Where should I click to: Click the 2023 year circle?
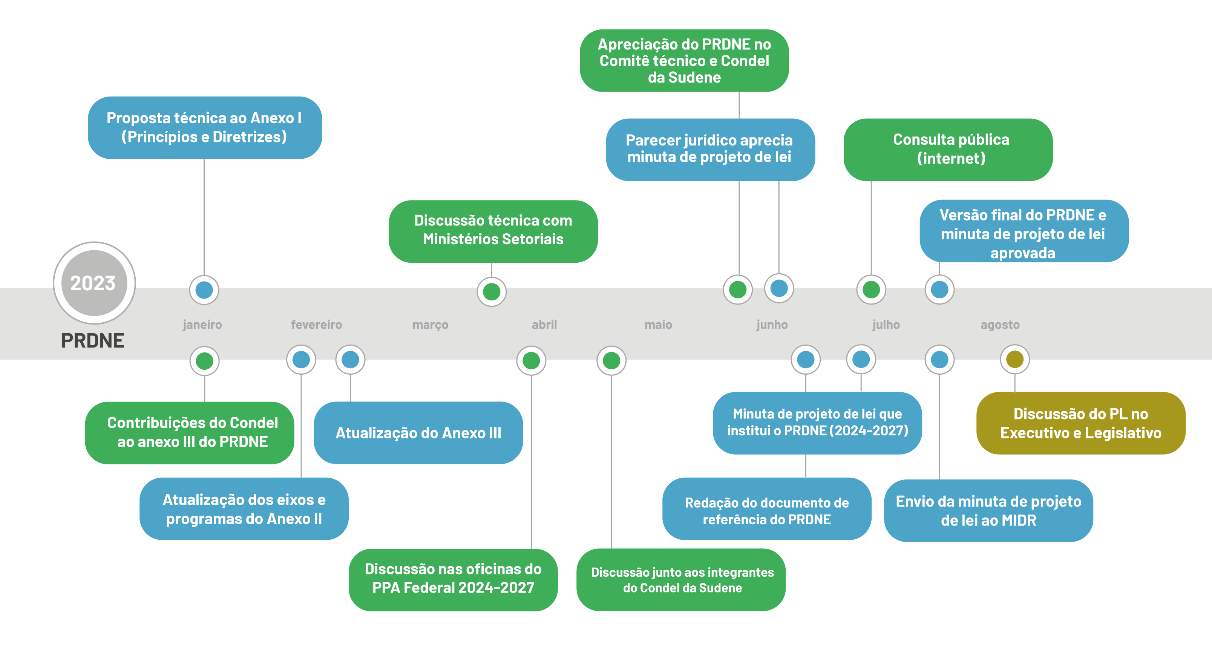coord(94,283)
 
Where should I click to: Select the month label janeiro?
coord(202,325)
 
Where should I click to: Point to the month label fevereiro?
coord(316,325)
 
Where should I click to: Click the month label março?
coord(430,325)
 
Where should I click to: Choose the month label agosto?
coord(1000,325)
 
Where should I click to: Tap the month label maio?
coord(658,325)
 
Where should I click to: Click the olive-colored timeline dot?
coord(1014,360)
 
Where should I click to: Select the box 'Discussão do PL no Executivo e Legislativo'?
coord(1080,423)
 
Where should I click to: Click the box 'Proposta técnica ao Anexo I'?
coord(205,127)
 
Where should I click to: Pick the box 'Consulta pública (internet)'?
coord(948,149)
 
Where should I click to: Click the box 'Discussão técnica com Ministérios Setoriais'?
coord(493,231)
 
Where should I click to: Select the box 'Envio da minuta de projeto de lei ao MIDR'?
coord(988,510)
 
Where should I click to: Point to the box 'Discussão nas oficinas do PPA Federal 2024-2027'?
coord(453,579)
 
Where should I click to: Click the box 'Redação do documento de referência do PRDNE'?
coord(766,510)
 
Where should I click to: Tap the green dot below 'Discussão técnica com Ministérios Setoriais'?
coord(491,292)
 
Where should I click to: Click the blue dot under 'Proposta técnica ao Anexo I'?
coord(204,290)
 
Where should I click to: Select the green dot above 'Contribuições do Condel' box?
coord(204,361)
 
